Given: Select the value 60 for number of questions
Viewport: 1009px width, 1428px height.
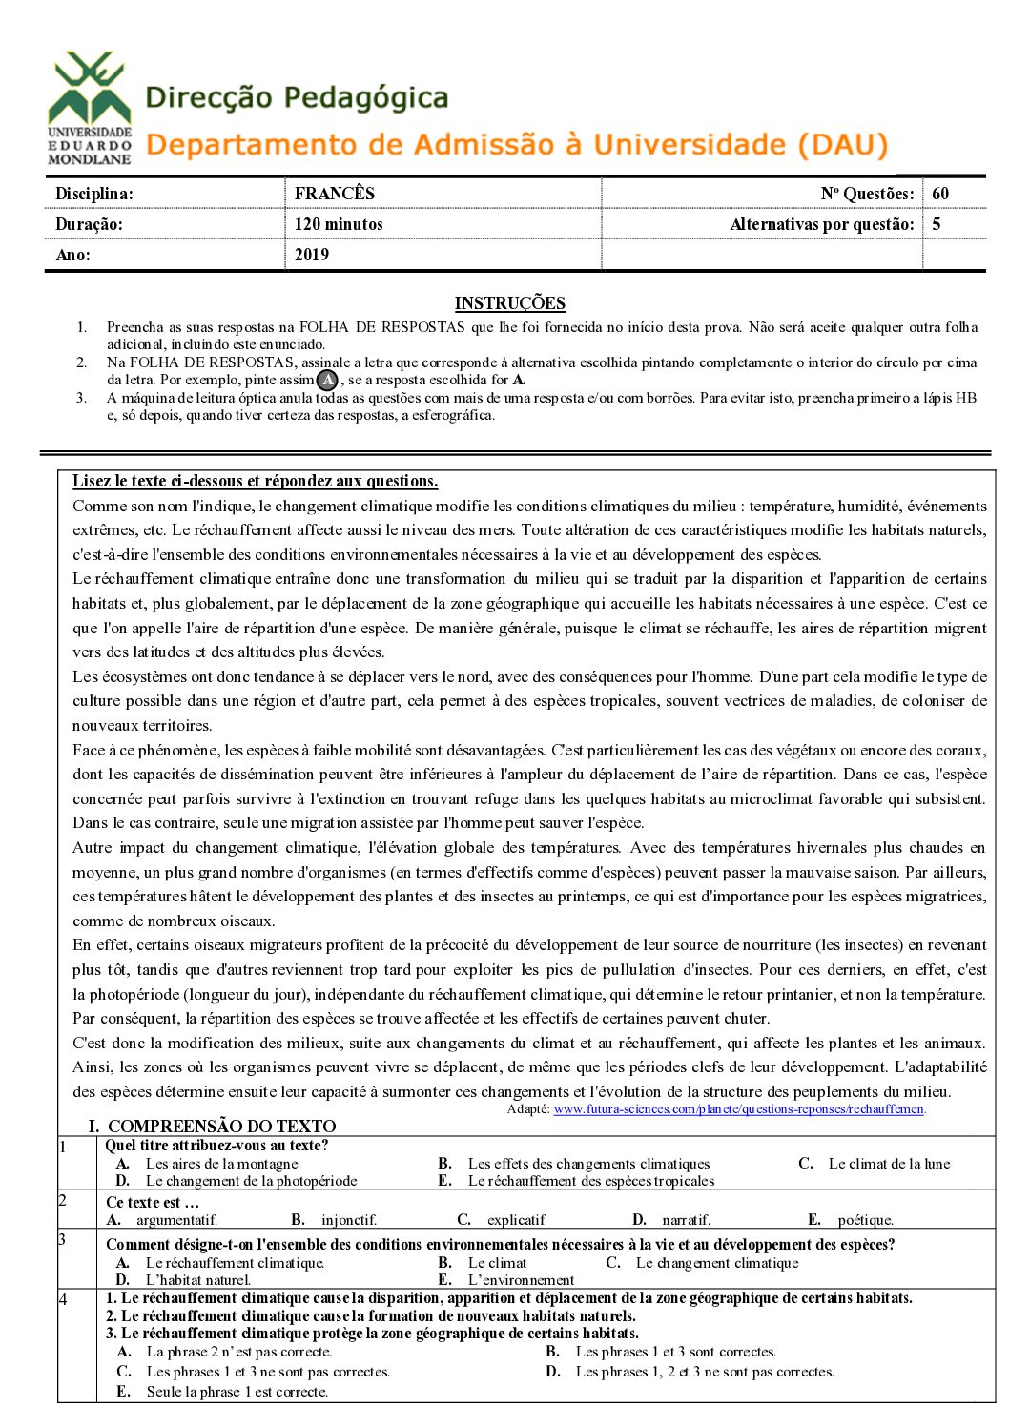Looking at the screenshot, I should (940, 194).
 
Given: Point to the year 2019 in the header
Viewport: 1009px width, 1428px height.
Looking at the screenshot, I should (312, 255).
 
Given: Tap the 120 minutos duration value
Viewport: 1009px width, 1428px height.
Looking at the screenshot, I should (339, 224).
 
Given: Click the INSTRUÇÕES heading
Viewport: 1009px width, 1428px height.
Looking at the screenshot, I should (509, 303).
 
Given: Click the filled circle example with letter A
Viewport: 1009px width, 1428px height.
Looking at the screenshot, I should (327, 380).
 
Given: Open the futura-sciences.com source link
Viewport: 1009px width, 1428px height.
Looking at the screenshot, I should (739, 1109).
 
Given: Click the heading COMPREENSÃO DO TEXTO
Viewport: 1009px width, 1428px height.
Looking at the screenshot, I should (221, 1126).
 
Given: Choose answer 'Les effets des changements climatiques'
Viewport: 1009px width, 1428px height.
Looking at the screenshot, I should (588, 1164).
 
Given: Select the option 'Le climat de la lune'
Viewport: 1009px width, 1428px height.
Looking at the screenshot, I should (889, 1164).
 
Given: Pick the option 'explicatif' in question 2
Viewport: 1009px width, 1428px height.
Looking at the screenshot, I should (516, 1220).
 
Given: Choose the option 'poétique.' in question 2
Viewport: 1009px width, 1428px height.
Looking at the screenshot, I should (865, 1220).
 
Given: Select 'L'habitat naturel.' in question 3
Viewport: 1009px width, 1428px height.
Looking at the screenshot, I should (198, 1280).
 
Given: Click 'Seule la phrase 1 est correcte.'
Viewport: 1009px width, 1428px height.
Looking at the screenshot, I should (237, 1392).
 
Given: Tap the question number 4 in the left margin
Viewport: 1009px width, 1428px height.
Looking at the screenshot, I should (63, 1299).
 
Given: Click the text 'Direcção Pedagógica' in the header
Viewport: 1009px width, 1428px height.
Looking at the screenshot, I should (297, 97).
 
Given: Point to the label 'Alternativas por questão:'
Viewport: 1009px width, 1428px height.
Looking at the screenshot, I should (821, 224).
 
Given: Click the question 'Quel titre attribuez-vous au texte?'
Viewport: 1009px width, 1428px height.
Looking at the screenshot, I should (216, 1146).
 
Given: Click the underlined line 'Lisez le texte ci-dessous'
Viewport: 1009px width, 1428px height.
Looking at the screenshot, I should (255, 481).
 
